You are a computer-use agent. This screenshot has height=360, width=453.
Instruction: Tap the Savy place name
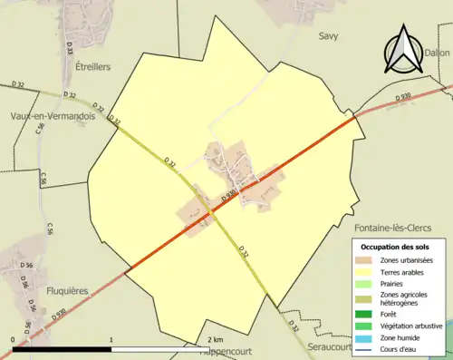328,36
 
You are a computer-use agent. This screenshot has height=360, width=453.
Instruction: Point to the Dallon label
437,54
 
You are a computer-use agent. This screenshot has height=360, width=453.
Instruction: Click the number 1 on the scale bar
111,339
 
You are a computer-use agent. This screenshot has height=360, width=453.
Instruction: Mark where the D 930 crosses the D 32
211,214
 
